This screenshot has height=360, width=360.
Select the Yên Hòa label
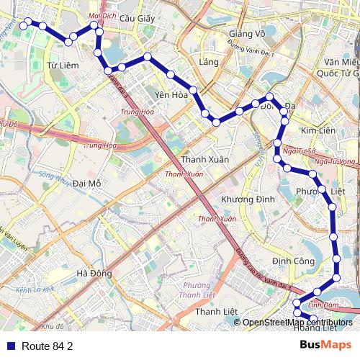[171, 94]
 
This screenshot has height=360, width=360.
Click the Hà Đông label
[93, 273]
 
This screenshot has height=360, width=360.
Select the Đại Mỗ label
[87, 184]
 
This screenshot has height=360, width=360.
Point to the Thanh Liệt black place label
[216, 311]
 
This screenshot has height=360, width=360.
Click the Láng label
[209, 62]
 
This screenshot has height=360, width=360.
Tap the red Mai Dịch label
[101, 14]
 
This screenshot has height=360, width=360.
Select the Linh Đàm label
[323, 305]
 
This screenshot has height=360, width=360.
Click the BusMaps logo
[325, 345]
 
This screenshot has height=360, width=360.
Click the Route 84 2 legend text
[48, 346]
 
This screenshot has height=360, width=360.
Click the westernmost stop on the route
[24, 24]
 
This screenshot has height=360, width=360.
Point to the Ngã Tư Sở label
[300, 152]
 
